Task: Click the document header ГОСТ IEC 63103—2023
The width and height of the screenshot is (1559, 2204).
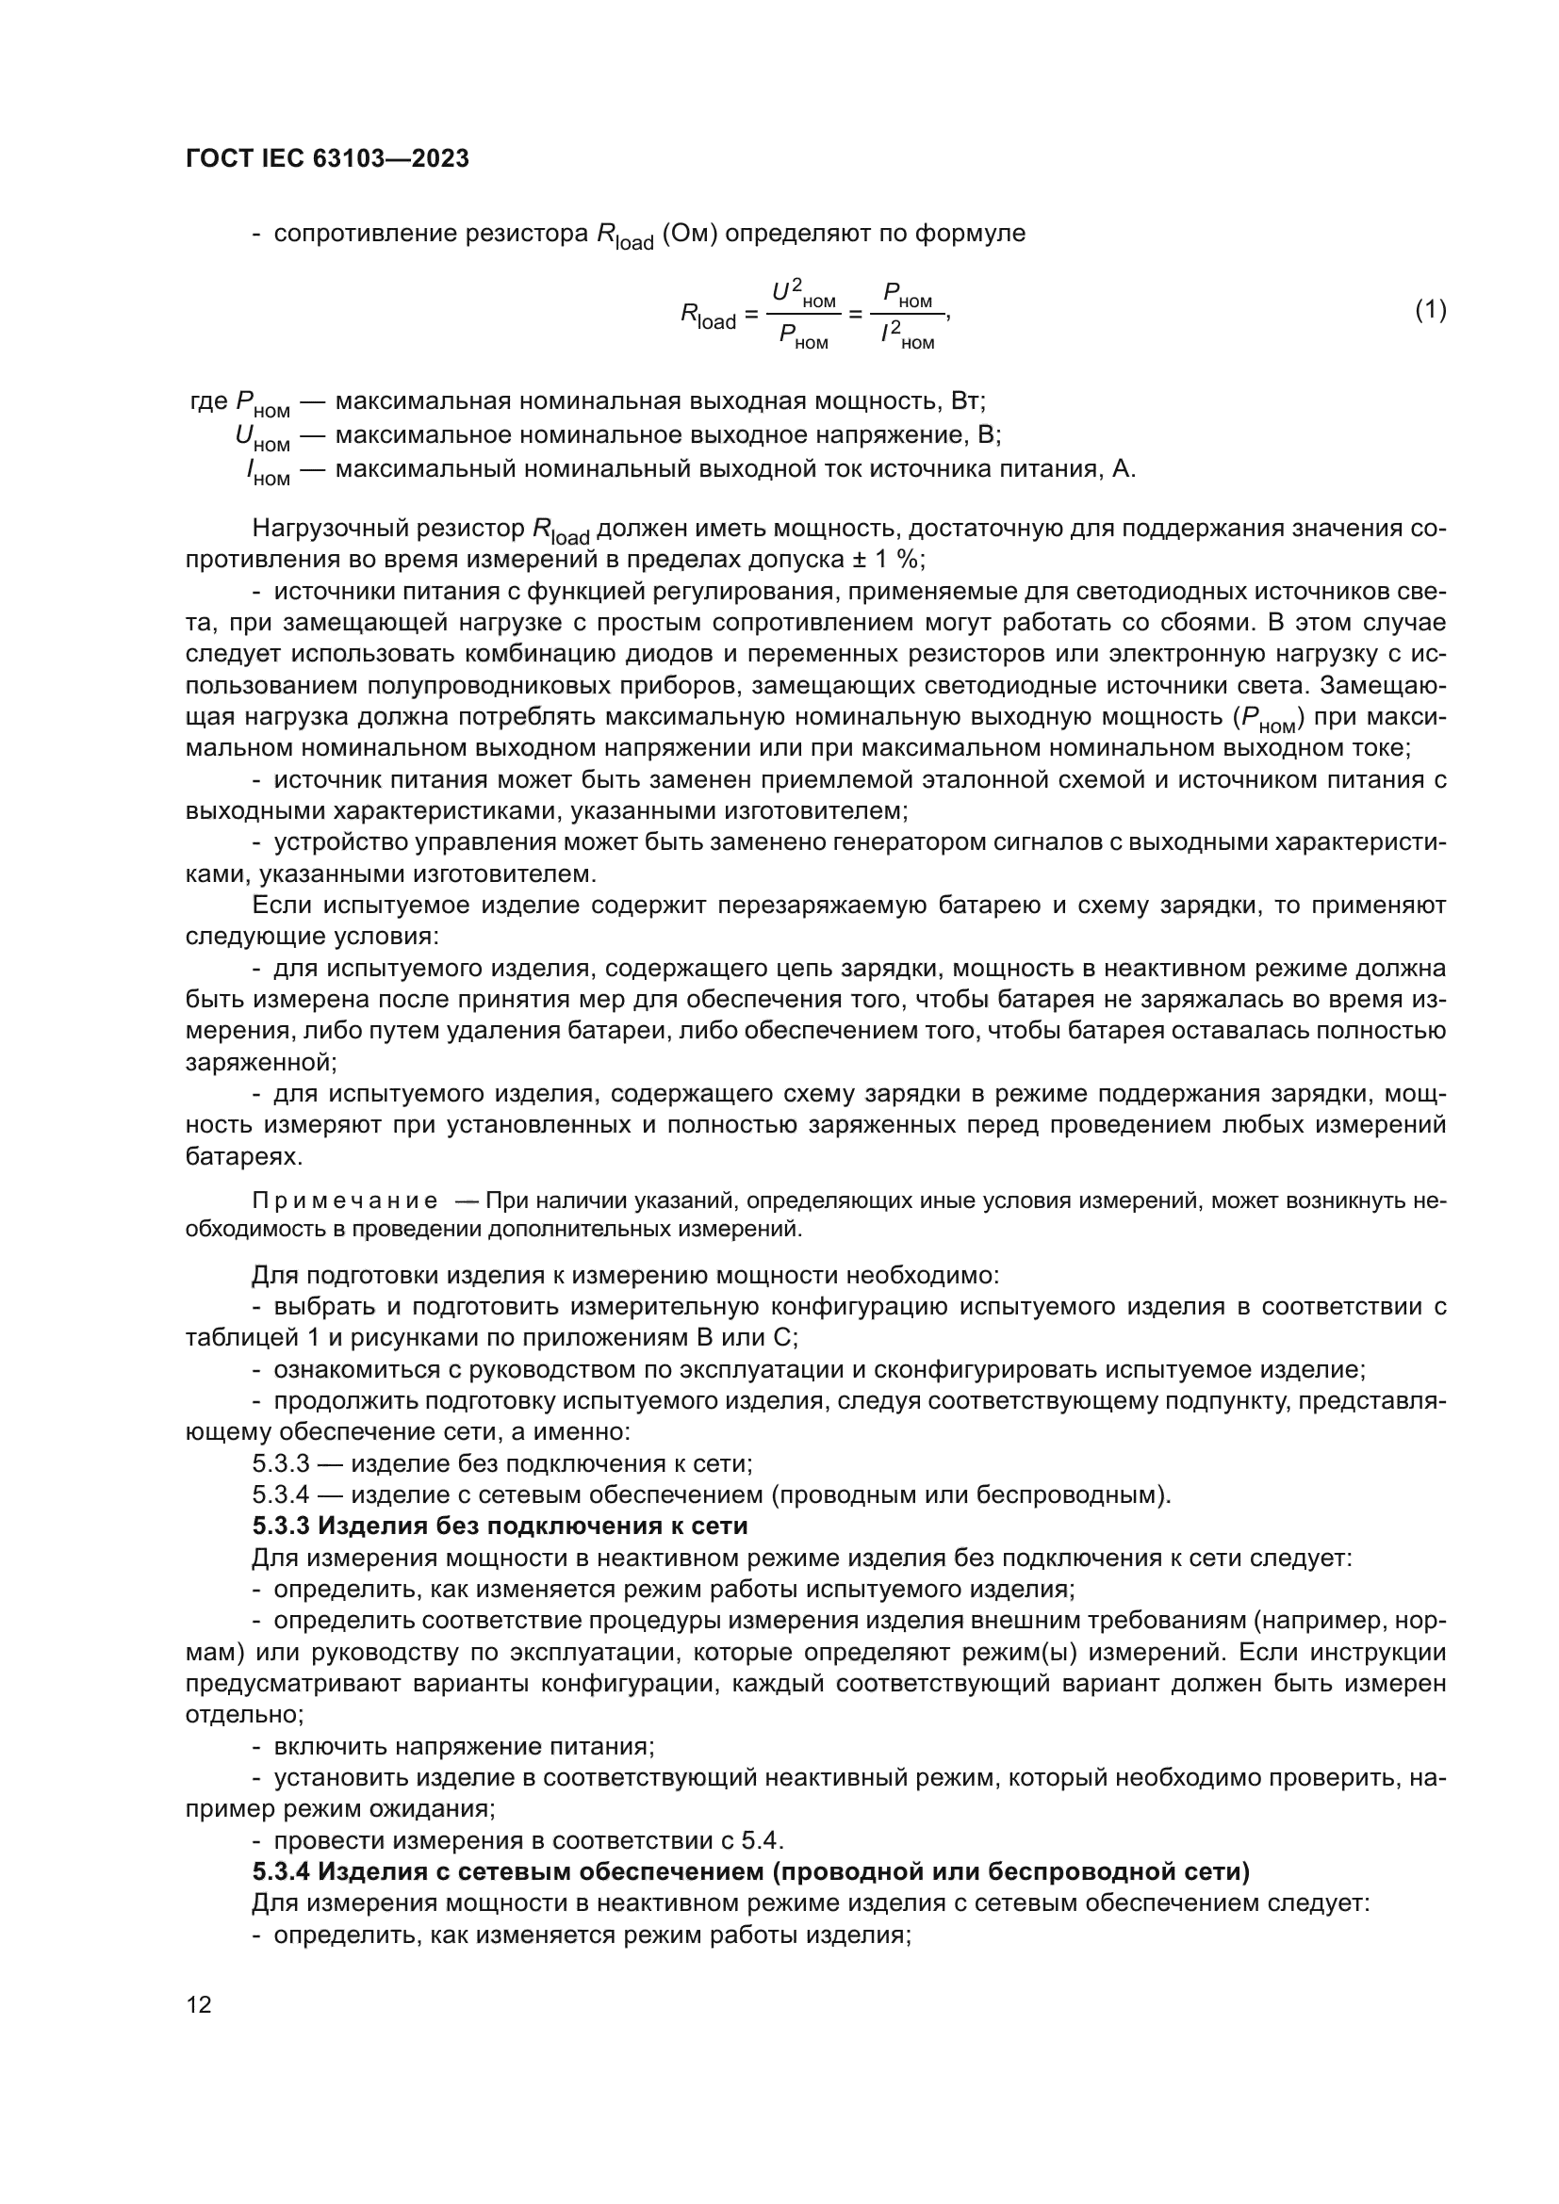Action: [326, 159]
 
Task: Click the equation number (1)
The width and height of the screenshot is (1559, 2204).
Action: [1431, 309]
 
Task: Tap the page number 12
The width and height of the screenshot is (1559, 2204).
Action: [199, 2003]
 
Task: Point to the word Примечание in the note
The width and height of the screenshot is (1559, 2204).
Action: [345, 1200]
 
